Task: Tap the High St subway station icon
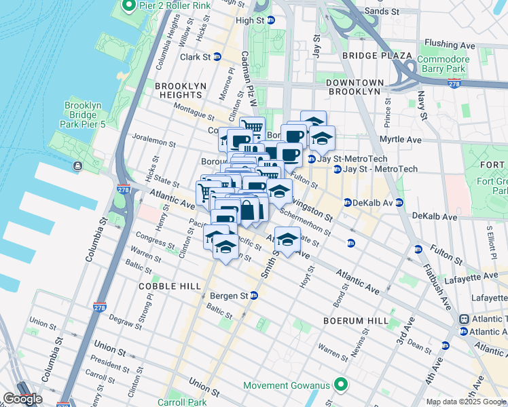(270, 20)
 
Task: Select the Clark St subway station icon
(217, 57)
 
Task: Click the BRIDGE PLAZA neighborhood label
(377, 55)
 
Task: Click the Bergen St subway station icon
(254, 296)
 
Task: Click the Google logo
(22, 399)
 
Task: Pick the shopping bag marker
(247, 210)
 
